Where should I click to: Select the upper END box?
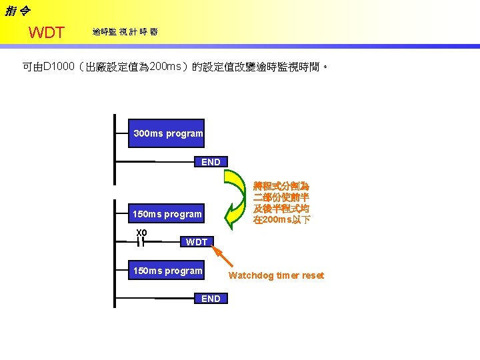(x=210, y=162)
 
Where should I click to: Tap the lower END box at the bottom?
(x=210, y=299)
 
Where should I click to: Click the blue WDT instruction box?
(x=197, y=242)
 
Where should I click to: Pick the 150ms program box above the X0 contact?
(x=167, y=214)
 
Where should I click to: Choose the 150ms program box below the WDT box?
(x=167, y=271)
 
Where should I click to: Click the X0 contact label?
(x=141, y=232)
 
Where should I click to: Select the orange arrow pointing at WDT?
(x=223, y=256)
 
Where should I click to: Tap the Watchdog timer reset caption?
(x=276, y=275)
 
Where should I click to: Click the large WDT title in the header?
(x=47, y=33)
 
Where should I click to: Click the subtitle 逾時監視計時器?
(x=125, y=32)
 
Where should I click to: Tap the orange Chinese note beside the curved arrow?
(x=281, y=203)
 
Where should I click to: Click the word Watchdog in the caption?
(x=250, y=275)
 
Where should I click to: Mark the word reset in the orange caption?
(x=312, y=275)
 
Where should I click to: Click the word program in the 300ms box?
(x=185, y=133)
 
